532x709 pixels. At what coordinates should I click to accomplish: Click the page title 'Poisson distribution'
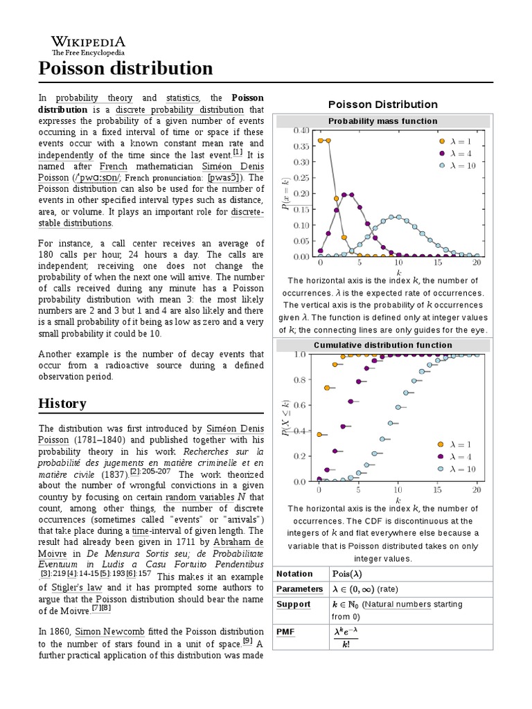click(x=125, y=69)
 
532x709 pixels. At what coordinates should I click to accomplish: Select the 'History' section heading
click(x=62, y=404)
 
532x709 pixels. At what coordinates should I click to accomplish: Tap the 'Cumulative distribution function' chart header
click(x=382, y=345)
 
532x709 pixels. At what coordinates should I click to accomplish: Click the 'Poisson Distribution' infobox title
click(x=382, y=105)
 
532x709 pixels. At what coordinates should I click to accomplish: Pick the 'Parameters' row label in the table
click(x=299, y=589)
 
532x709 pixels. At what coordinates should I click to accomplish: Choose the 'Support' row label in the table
click(x=294, y=604)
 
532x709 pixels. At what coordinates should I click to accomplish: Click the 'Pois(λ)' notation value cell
click(x=347, y=574)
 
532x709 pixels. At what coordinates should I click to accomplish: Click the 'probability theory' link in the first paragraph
click(x=94, y=98)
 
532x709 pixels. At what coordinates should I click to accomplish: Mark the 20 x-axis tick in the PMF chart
click(x=477, y=264)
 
